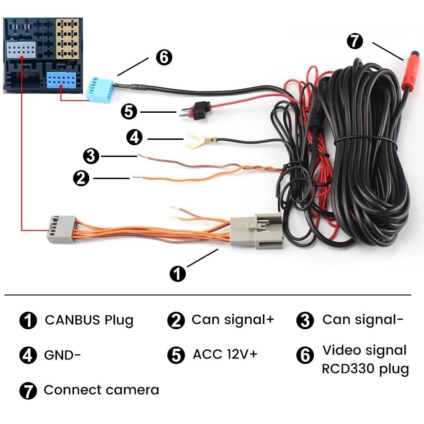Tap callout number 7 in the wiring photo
[x=355, y=41]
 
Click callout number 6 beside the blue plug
[x=164, y=57]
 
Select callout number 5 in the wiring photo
[x=129, y=111]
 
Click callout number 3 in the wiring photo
[x=91, y=157]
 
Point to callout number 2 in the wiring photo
[x=81, y=178]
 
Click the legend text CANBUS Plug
[x=89, y=320]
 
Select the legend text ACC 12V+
[x=225, y=354]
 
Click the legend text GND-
[x=62, y=355]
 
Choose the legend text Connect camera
[x=101, y=390]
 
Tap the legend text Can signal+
[x=232, y=319]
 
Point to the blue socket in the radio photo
[x=63, y=82]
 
